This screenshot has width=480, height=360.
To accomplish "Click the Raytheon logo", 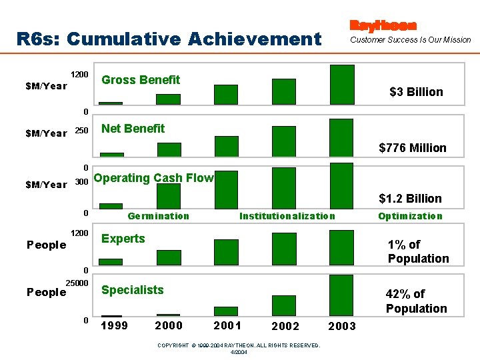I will pos(383,25).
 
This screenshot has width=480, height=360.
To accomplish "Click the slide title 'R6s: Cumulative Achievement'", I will pos(169,39).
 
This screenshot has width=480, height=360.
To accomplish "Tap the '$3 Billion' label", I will pos(416,92).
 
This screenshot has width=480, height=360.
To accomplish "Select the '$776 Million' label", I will pos(413,148).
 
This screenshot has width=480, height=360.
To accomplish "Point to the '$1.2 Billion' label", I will pos(410,199).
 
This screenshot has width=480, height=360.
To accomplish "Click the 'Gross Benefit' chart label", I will pos(141,80).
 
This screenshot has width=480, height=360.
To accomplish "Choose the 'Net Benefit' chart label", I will pos(133,129).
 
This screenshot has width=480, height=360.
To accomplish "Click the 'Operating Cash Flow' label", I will pos(154,178).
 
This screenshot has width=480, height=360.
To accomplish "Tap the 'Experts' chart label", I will pos(123,239).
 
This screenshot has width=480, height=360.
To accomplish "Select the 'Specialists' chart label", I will pos(132,290).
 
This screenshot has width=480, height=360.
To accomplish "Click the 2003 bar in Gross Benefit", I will pos(342,85).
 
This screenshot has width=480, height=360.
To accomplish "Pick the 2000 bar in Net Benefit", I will pos(169,149).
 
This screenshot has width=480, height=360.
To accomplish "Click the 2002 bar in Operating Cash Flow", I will pos(283,188).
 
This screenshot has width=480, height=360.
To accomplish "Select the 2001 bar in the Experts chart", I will pos(226,252).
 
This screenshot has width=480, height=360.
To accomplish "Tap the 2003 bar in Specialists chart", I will pos(341,295).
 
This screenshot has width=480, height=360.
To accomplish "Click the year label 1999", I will pos(114,325).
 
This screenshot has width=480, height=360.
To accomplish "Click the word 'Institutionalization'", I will pos(287,216).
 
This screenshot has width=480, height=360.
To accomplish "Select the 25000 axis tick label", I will pos(77,284).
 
